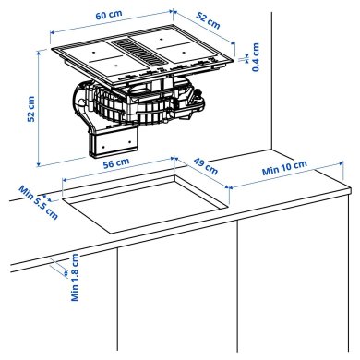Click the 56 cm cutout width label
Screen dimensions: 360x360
coord(114,163)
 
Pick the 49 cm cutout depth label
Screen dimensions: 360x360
coord(205,167)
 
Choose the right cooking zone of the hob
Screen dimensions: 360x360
coord(188,54)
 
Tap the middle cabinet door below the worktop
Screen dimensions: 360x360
coord(175,295)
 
